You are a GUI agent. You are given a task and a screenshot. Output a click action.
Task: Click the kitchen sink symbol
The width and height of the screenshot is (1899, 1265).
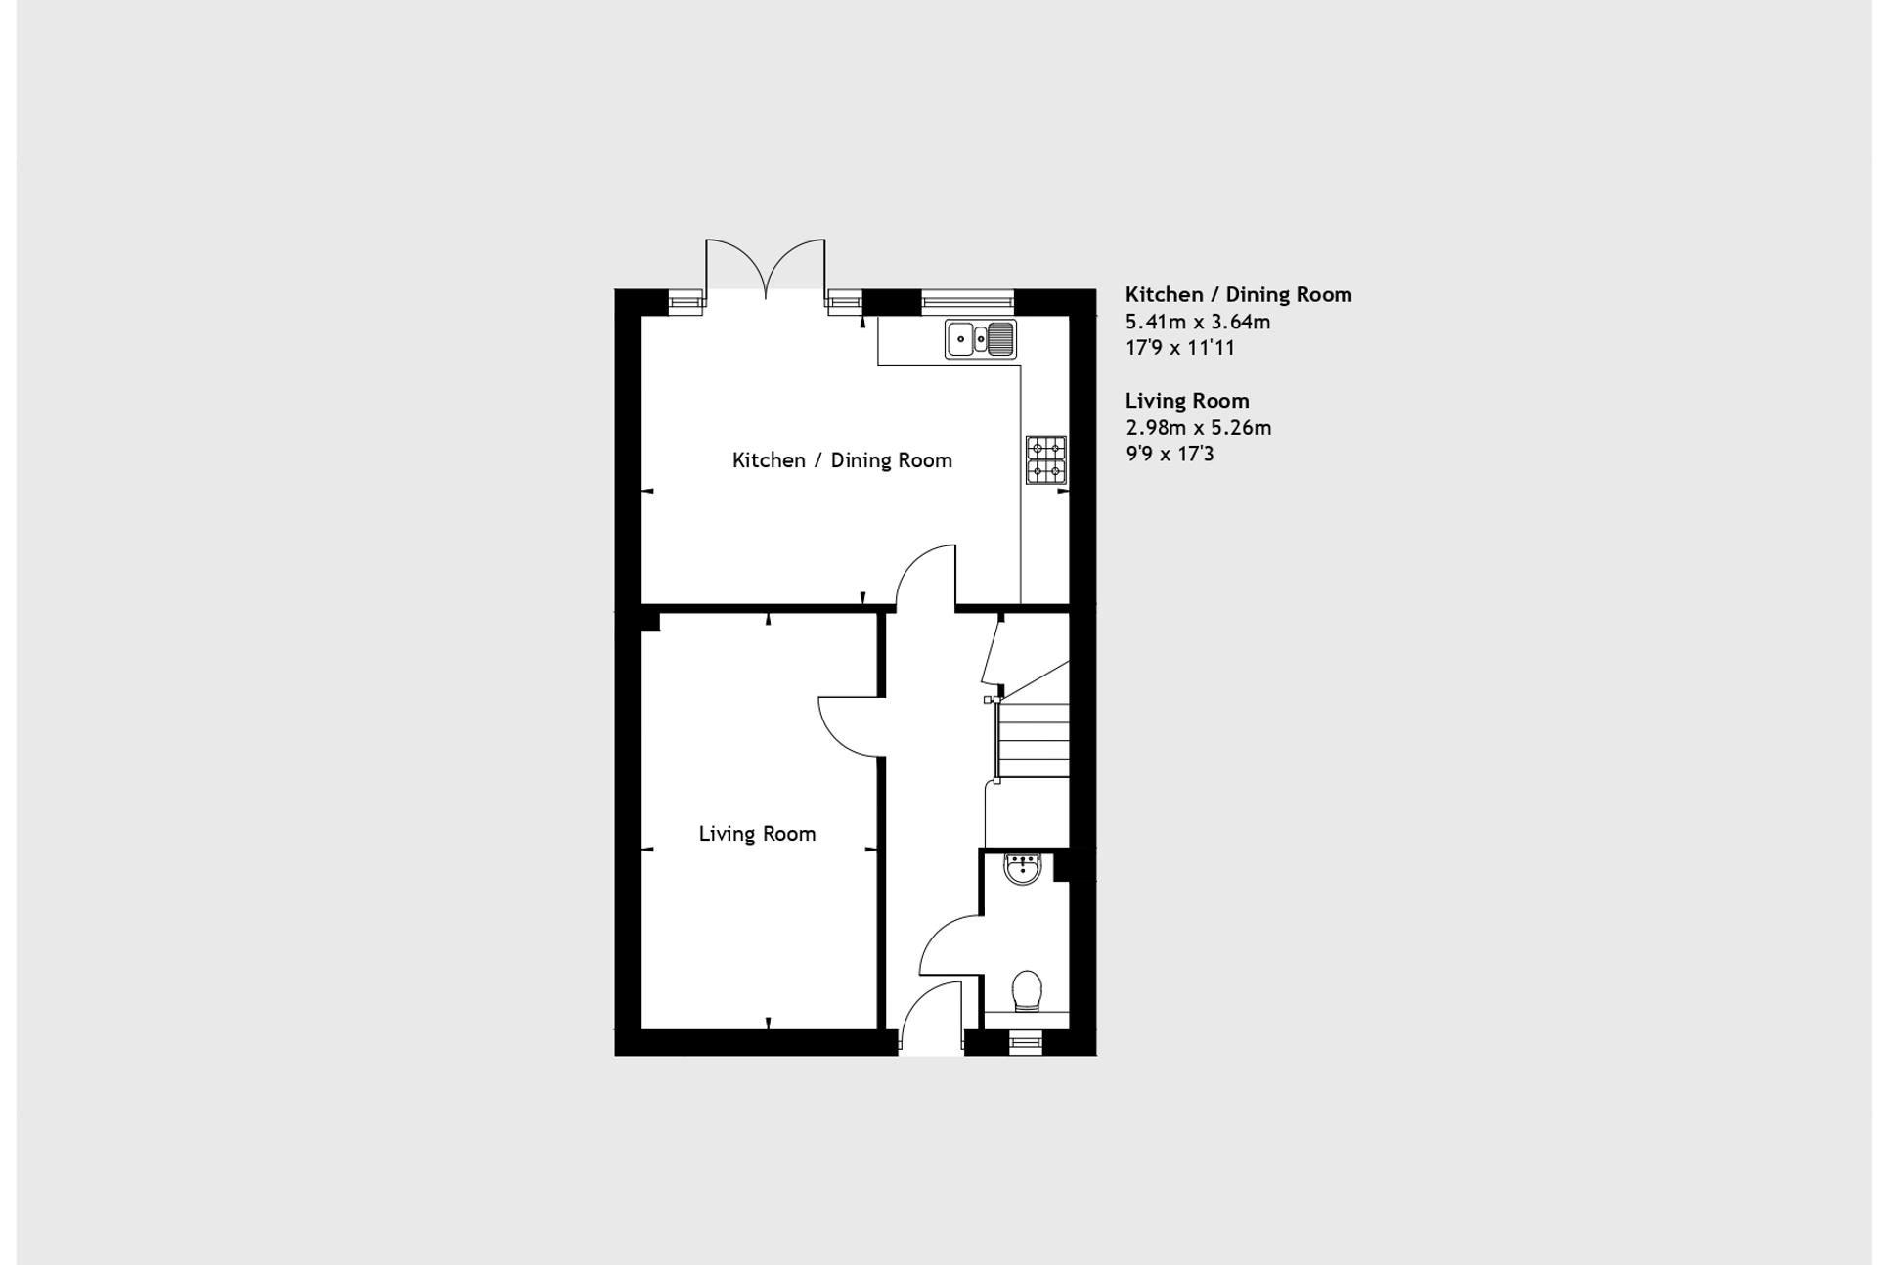click(980, 339)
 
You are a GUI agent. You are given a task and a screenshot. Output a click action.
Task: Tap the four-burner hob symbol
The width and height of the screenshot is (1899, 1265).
click(1045, 460)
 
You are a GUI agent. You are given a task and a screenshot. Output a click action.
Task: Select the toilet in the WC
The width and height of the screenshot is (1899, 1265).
click(1027, 990)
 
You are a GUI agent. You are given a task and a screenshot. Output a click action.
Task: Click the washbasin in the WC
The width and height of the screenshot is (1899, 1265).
click(1023, 868)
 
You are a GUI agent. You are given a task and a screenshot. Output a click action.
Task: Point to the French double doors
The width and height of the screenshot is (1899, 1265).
click(766, 267)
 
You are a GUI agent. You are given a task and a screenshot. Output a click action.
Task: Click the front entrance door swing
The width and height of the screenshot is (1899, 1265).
click(930, 1020)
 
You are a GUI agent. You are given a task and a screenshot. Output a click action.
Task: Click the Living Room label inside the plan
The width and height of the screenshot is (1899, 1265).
click(757, 834)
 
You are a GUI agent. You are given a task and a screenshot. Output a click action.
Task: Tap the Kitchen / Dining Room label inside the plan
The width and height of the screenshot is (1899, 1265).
click(842, 460)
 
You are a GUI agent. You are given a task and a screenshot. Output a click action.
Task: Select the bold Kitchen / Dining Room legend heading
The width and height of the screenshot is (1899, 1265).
click(1238, 294)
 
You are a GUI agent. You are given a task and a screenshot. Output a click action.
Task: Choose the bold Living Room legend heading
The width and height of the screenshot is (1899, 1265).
click(1187, 401)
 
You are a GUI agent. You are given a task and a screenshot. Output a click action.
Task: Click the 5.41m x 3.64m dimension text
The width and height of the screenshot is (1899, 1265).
click(1198, 322)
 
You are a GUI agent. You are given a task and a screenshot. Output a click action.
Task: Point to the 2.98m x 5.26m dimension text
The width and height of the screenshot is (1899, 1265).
click(1199, 427)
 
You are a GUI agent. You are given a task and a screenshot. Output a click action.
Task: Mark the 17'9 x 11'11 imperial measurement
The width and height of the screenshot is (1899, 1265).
click(1180, 348)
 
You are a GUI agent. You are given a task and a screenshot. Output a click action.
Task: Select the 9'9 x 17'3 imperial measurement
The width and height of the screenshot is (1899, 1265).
click(1170, 454)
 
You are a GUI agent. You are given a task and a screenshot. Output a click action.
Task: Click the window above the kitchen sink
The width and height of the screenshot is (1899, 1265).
click(967, 301)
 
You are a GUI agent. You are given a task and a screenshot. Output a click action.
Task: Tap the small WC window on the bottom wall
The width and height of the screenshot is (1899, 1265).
click(1026, 1043)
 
